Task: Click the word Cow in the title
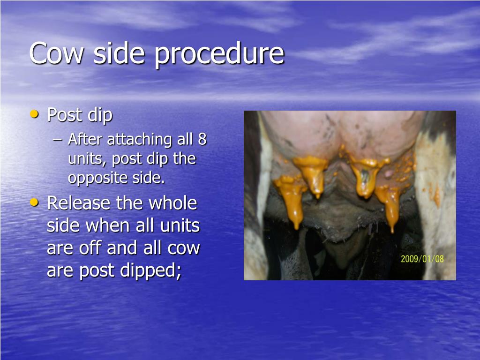point(56,53)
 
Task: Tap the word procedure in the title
point(219,55)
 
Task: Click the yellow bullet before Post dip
point(34,114)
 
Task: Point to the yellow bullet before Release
point(34,202)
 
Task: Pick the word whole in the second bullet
point(172,203)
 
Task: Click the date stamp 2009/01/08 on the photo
point(422,259)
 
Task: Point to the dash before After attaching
point(57,140)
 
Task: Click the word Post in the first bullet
point(65,115)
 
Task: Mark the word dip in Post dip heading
point(100,116)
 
